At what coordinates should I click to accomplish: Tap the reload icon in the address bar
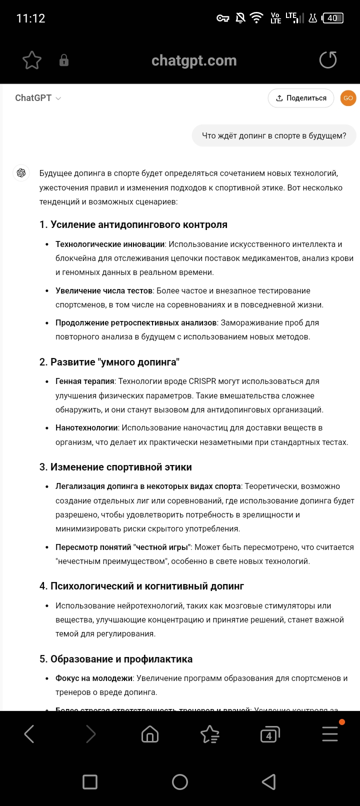pyautogui.click(x=328, y=60)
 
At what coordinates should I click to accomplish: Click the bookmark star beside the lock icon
pyautogui.click(x=32, y=60)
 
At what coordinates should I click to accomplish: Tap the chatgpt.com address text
pyautogui.click(x=194, y=60)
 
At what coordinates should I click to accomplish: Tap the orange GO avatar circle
pyautogui.click(x=348, y=98)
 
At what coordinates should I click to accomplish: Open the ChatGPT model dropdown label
pyautogui.click(x=38, y=98)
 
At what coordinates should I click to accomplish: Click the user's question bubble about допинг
pyautogui.click(x=274, y=135)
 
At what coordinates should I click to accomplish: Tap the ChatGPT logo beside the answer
pyautogui.click(x=21, y=173)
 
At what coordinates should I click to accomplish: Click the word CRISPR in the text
pyautogui.click(x=202, y=381)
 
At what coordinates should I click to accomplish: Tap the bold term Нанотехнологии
pyautogui.click(x=86, y=428)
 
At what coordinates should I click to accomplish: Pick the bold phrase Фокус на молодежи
pyautogui.click(x=94, y=678)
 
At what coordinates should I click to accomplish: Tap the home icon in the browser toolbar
pyautogui.click(x=150, y=734)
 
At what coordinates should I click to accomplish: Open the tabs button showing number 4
pyautogui.click(x=269, y=735)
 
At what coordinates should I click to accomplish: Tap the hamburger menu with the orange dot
pyautogui.click(x=330, y=734)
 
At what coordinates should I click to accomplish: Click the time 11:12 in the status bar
pyautogui.click(x=31, y=18)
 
